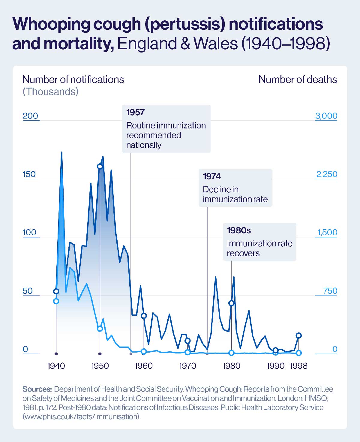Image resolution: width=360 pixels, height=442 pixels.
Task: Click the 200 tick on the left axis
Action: click(30, 116)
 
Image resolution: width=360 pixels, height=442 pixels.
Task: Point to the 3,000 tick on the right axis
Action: click(326, 116)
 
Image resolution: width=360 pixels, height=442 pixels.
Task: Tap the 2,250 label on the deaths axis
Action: click(327, 174)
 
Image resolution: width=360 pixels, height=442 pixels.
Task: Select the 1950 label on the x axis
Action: click(100, 366)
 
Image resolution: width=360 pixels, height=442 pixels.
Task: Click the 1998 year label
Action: click(298, 366)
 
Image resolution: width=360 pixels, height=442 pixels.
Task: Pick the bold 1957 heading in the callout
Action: click(135, 112)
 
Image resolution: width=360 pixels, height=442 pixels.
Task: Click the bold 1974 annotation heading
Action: click(211, 176)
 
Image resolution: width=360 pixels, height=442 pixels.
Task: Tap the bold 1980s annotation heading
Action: click(239, 230)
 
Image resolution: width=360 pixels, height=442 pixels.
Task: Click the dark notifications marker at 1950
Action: click(100, 167)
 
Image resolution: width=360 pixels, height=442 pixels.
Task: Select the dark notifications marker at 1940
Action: click(56, 291)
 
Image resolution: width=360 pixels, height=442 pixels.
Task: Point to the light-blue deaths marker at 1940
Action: click(56, 301)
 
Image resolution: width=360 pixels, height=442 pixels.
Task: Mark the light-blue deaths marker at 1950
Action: click(100, 329)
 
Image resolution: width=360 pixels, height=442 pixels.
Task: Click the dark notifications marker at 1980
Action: click(231, 303)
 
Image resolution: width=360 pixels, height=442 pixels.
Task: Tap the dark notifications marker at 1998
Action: click(298, 335)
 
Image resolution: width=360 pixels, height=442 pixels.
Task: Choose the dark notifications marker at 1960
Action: click(144, 316)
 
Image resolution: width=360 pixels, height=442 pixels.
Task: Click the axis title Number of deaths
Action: click(298, 80)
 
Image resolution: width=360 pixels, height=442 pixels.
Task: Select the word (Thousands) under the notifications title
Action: click(50, 92)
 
